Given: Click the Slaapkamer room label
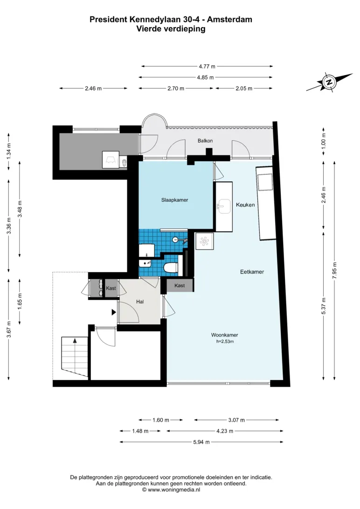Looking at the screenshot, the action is coord(175,200).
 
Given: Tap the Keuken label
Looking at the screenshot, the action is coord(245,205).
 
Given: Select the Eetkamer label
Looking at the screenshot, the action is coord(252,272).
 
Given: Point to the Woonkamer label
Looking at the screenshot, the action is coord(225,335).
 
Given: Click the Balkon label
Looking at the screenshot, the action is coord(205,141).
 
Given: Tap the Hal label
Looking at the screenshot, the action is coord(140,302).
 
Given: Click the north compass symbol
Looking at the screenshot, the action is coord(329,82).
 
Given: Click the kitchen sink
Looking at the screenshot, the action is coord(223,206).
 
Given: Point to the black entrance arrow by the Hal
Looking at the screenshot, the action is coord(114,312).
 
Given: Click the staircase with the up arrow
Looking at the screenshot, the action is coord(75,357).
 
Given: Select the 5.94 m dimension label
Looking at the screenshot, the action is coord(201,442).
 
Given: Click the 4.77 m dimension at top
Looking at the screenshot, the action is coord(207,66).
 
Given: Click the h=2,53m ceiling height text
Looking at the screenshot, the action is coord(225,342).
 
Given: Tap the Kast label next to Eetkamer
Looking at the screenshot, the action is coord(180,286).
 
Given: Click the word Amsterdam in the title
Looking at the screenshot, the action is coord(229,20).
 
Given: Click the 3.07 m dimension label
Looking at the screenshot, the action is coord(236,420).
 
